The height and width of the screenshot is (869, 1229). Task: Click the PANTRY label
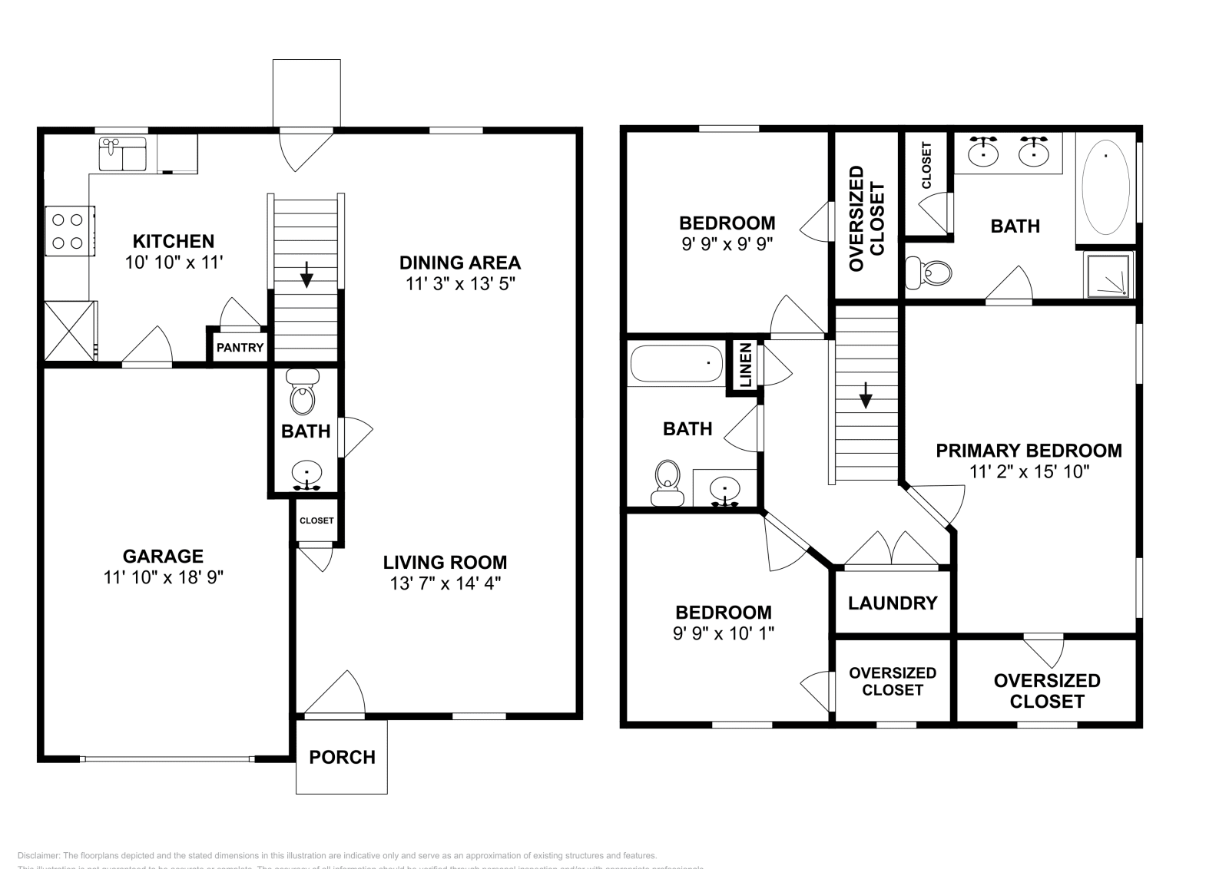(x=240, y=348)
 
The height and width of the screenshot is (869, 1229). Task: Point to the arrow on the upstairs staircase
(x=866, y=396)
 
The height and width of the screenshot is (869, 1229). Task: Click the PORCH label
(x=342, y=757)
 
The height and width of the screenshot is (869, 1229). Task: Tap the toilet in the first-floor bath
(x=303, y=393)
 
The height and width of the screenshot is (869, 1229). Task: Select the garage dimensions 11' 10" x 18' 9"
(x=163, y=577)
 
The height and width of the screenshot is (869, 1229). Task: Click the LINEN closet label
(x=745, y=366)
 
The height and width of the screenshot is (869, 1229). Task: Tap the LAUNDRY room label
(x=893, y=603)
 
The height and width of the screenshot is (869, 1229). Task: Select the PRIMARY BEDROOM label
(x=1029, y=451)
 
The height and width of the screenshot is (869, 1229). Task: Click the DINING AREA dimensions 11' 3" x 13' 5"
(x=459, y=284)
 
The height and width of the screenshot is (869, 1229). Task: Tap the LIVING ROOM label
(x=445, y=563)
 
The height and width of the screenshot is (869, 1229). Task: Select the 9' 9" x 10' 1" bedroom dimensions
(x=724, y=634)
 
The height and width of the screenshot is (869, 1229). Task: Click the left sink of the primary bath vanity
(x=983, y=152)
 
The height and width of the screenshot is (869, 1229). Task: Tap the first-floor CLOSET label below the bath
(x=316, y=520)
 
